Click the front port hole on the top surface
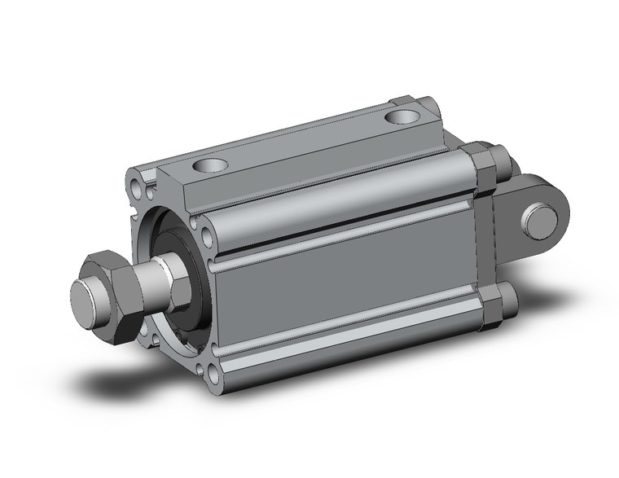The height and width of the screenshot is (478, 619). click(207, 167)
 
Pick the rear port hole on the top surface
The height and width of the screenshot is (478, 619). click(400, 117)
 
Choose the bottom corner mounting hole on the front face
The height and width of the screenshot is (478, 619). click(213, 375)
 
